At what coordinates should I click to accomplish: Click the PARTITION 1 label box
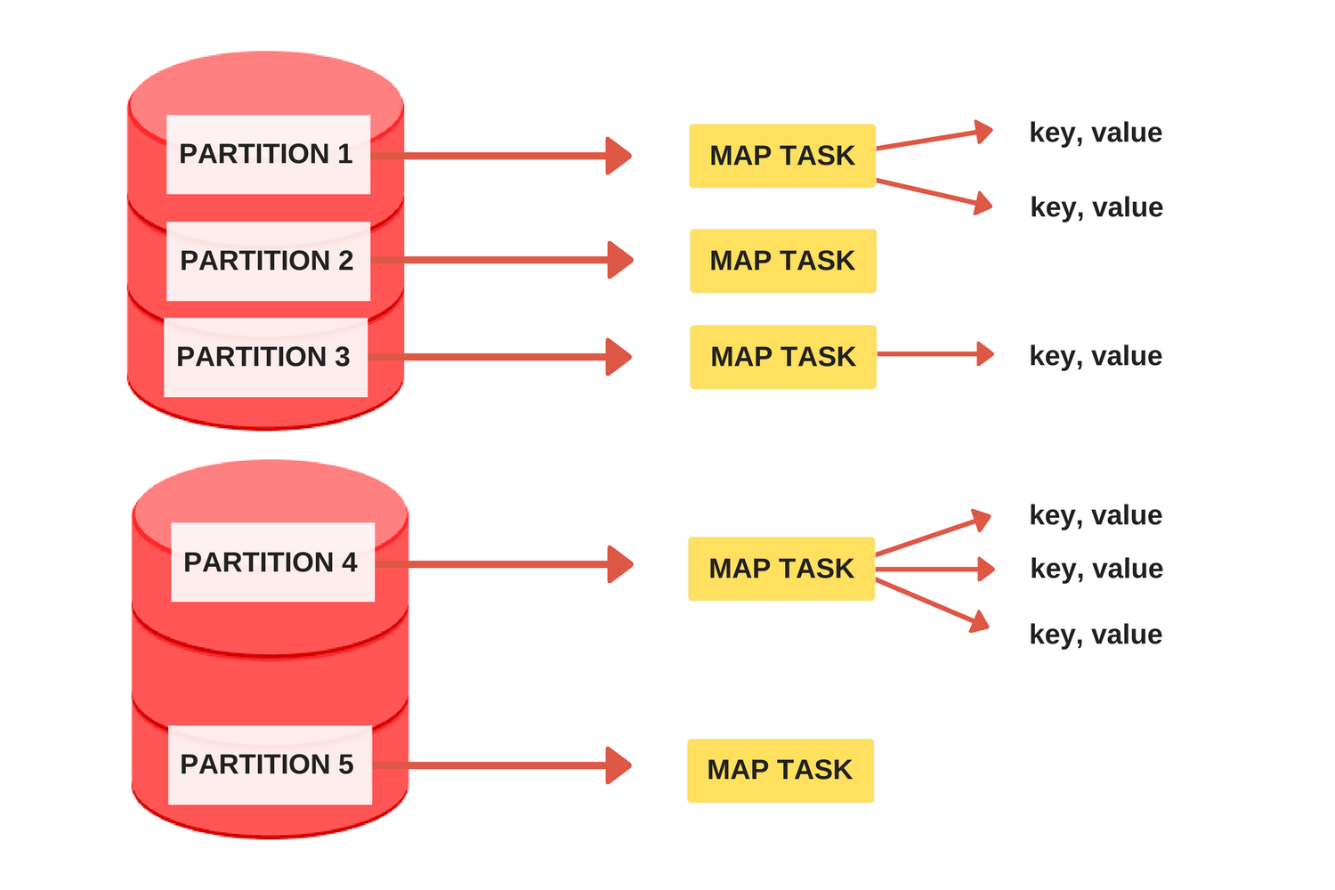tap(268, 154)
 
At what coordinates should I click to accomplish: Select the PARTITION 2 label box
tap(268, 261)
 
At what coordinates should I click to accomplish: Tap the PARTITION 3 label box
tap(266, 357)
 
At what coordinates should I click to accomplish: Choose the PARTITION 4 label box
tap(273, 562)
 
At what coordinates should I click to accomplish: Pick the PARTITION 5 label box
tap(270, 765)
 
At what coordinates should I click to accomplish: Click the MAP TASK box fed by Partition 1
tap(782, 156)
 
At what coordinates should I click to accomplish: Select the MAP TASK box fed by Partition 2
tap(783, 261)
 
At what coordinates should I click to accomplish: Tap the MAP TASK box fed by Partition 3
tap(783, 357)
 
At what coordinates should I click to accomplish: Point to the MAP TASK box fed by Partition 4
tap(781, 569)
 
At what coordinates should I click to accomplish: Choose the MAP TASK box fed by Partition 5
tap(781, 771)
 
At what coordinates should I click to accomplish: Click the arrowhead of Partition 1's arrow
tap(619, 156)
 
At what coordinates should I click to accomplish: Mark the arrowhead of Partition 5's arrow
tap(619, 765)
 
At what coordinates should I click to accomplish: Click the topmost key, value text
tap(1096, 133)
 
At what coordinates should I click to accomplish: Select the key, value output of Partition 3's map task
tap(1096, 357)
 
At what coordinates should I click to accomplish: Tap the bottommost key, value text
tap(1096, 635)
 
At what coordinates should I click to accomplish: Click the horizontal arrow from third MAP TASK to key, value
tap(935, 354)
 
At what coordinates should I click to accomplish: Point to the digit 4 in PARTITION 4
tap(349, 562)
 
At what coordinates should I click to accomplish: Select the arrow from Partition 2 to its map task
tap(502, 260)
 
